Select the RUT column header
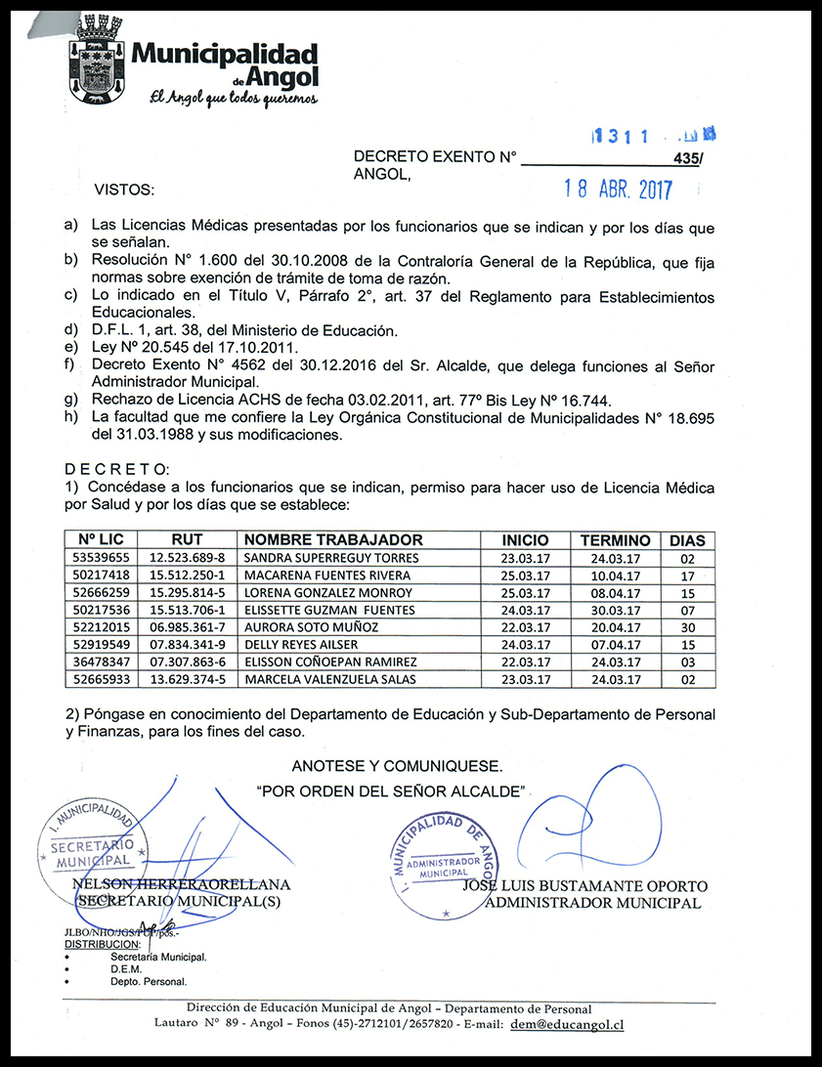[x=187, y=540]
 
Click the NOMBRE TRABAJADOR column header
[x=333, y=540]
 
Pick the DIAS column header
[x=686, y=540]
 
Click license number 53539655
[x=101, y=558]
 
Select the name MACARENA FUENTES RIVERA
[x=326, y=576]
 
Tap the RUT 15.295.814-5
[x=187, y=593]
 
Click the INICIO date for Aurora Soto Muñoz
[x=524, y=627]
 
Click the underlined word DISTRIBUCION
[x=103, y=945]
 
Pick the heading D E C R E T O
[x=116, y=470]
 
